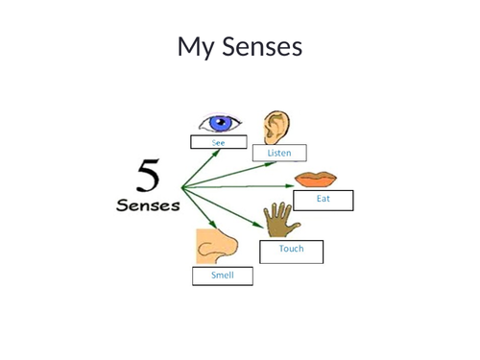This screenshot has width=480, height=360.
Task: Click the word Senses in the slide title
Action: coord(262,46)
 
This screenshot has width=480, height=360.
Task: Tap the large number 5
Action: coord(149,177)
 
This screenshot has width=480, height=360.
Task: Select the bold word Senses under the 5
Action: coord(148,205)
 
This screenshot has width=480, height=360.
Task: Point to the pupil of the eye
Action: coord(222,123)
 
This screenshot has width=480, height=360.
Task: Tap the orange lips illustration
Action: coord(316,180)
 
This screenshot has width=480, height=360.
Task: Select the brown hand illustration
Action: coord(280,220)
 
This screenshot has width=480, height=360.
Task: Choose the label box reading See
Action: coord(219,143)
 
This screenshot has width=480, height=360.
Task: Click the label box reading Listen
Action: coord(279,153)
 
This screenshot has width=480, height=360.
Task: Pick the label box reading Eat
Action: coord(324,200)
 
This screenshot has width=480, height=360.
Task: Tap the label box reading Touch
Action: coord(291,251)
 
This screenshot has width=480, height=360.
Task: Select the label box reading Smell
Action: coord(222,276)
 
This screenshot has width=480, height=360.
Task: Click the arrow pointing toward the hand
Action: coord(226,211)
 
